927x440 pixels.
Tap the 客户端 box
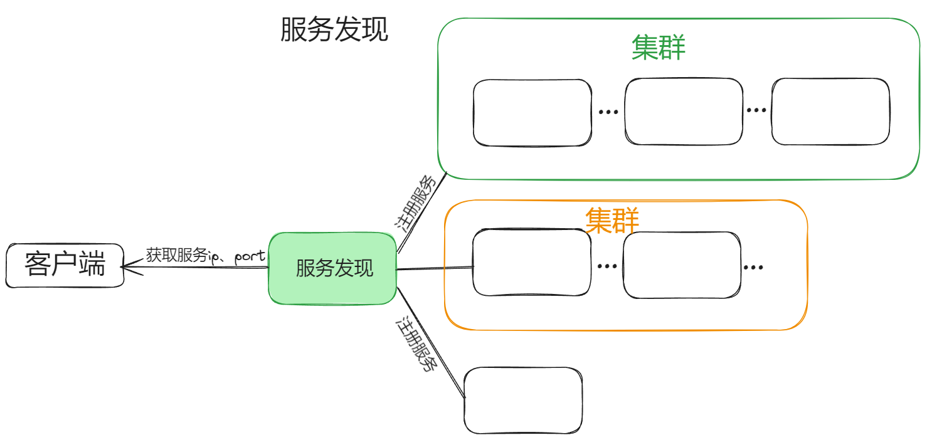tap(65, 265)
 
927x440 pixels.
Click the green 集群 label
tap(658, 48)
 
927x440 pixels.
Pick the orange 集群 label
tap(612, 221)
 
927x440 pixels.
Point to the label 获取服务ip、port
tap(206, 256)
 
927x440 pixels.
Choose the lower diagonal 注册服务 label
tap(415, 344)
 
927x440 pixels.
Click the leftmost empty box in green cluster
tap(532, 113)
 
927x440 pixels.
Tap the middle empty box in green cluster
tap(684, 112)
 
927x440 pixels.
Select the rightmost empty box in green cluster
tap(830, 112)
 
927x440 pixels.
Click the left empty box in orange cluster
tap(532, 262)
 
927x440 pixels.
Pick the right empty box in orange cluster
tap(682, 265)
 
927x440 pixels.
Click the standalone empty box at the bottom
tap(523, 401)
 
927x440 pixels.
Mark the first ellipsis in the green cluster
tap(608, 112)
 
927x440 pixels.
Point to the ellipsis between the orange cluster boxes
tap(607, 266)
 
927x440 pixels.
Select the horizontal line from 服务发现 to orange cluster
tap(434, 269)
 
